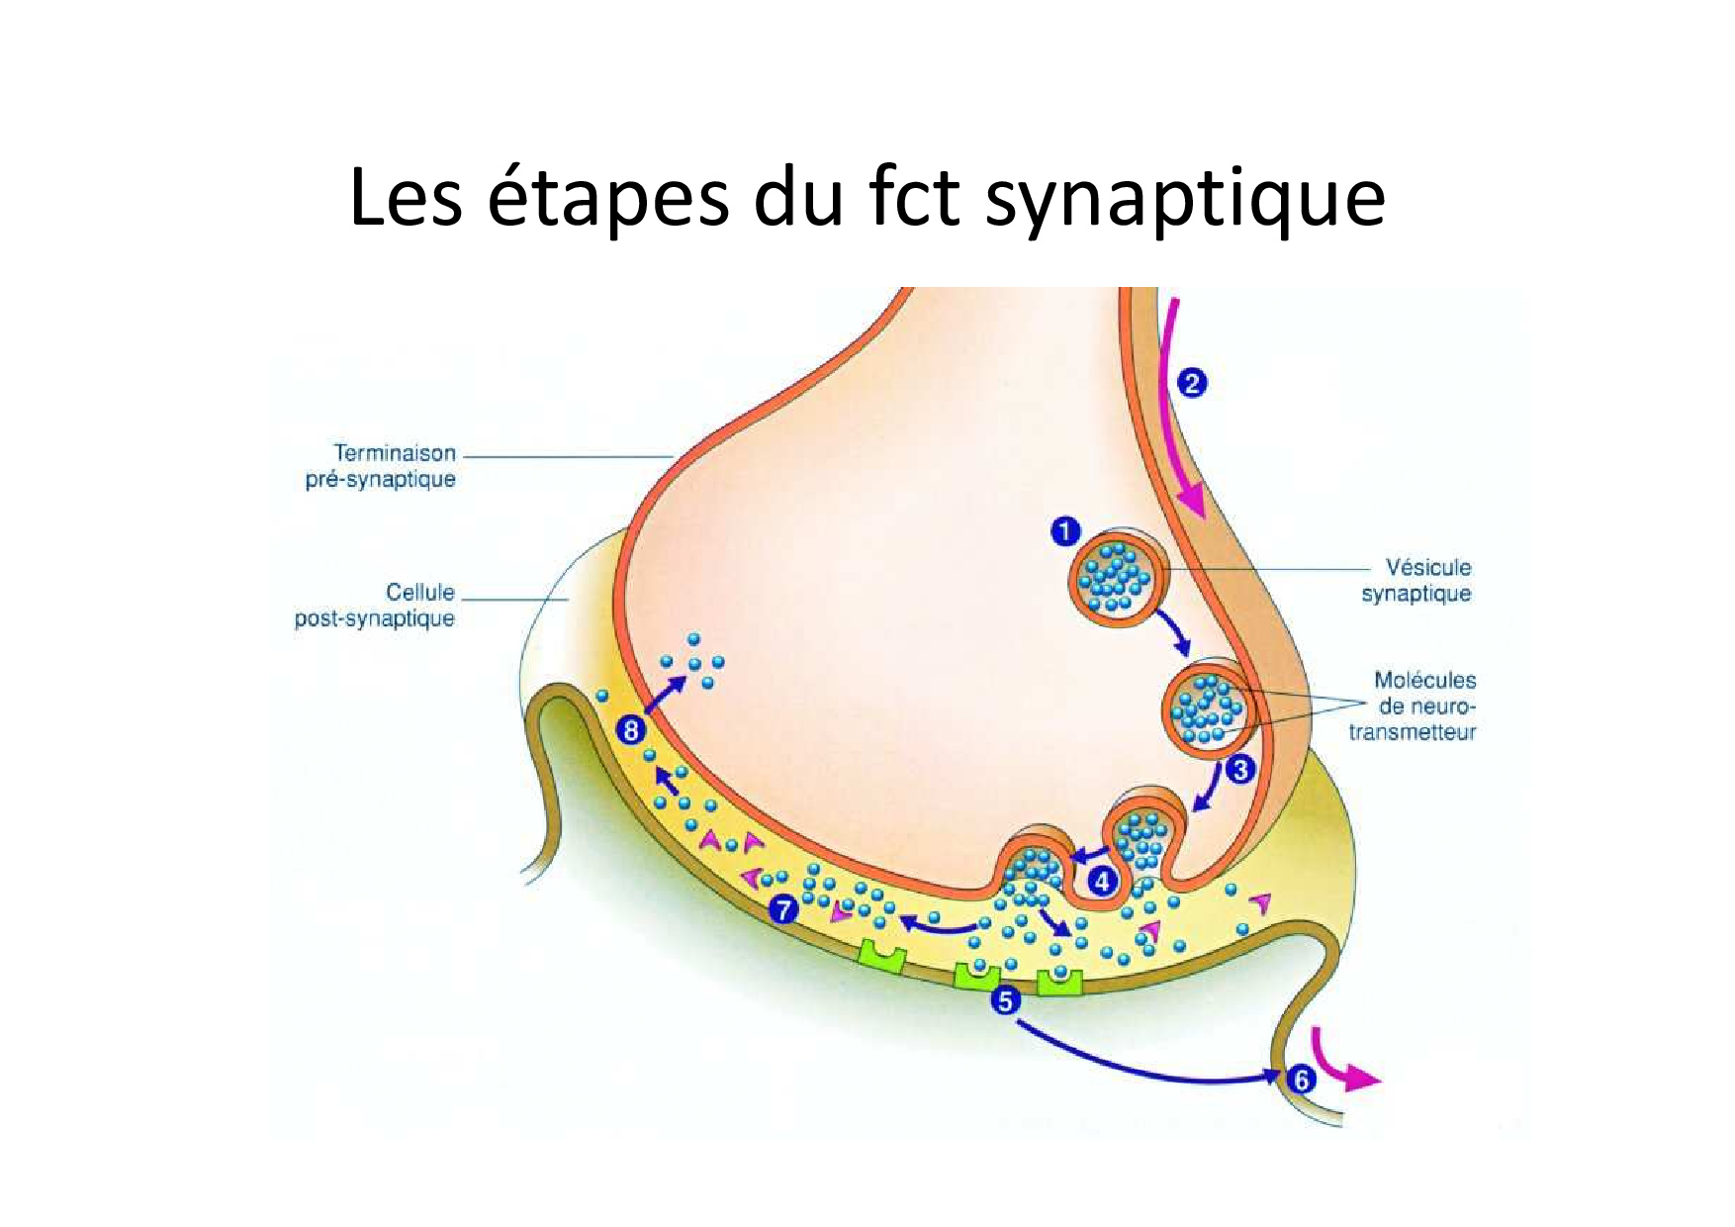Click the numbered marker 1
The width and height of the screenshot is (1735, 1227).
[1064, 532]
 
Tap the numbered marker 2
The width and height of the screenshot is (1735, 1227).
[1192, 383]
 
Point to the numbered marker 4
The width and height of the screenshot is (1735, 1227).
[1103, 880]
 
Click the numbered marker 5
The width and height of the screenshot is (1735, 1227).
[1005, 1001]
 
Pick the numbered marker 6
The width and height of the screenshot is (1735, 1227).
[1301, 1080]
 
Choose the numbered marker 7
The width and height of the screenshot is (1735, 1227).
[784, 908]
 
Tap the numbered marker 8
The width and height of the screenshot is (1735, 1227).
[630, 731]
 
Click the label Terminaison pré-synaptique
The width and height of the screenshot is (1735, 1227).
[381, 466]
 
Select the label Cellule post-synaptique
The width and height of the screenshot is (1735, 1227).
[375, 606]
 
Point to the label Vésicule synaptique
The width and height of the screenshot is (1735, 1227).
[1416, 581]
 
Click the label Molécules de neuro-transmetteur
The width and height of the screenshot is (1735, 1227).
[1413, 707]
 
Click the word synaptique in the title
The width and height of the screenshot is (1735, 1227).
[1186, 198]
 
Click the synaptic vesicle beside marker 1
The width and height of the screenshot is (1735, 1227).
[1119, 577]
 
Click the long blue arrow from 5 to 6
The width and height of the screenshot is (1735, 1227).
[1138, 1069]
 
